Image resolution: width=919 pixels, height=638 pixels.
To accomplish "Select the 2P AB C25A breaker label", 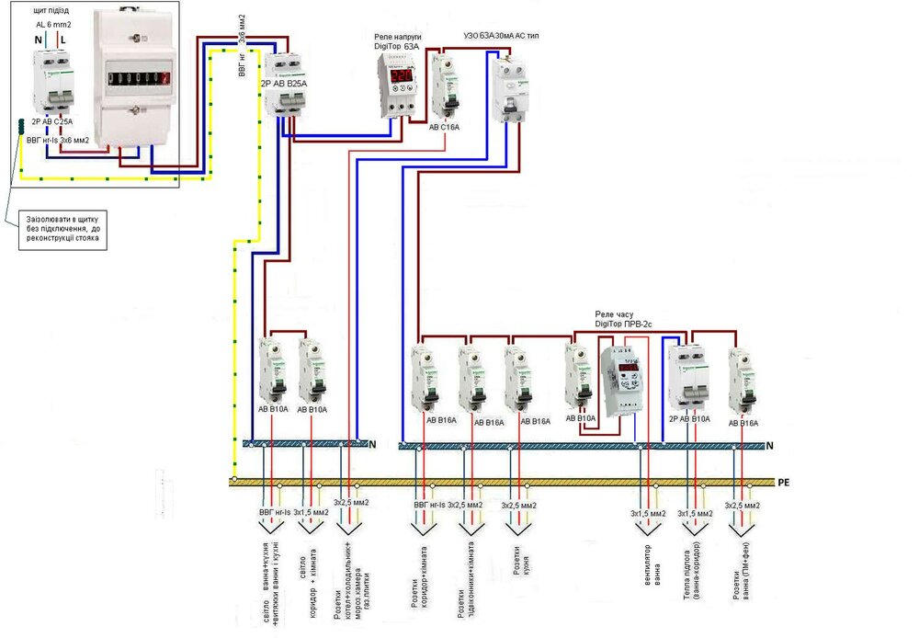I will [51, 120].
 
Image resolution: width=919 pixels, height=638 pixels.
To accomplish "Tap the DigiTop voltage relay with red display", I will [397, 85].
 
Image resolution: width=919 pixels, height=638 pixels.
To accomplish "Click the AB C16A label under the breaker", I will [444, 128].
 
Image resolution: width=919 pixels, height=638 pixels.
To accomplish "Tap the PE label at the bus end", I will [784, 482].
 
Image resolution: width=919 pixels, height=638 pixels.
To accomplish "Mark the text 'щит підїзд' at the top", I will [51, 9].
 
